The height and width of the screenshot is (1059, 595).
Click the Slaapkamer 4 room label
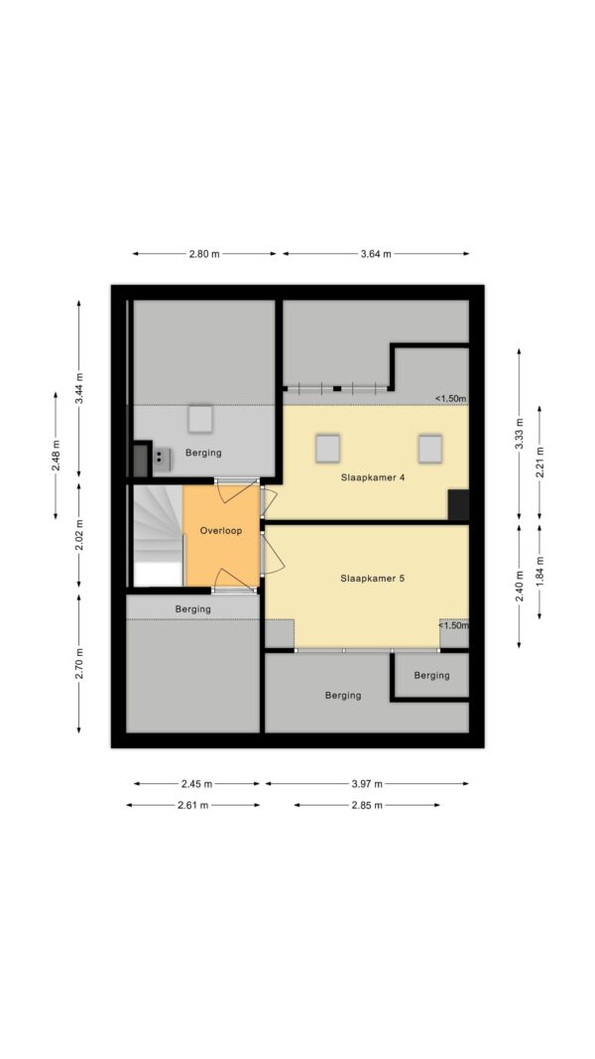point(373,477)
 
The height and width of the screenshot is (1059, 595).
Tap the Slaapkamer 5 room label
point(373,578)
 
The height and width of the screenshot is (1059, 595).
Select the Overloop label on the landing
point(220,530)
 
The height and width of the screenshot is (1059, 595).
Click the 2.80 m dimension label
point(204,254)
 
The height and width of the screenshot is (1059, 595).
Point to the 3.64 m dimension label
point(376,254)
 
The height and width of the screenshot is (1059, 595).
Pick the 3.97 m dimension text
point(367,783)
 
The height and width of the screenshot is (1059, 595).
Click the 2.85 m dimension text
point(367,805)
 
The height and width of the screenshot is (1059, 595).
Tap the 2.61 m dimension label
point(193,805)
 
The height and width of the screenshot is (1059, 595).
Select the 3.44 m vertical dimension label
point(79,388)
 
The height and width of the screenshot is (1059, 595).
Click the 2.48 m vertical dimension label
point(56,456)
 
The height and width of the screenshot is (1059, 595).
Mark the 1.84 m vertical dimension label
point(539,571)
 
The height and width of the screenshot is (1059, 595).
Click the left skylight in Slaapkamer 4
point(328,449)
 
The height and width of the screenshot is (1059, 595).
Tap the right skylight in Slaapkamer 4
point(429,449)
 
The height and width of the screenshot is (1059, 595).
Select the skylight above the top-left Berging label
point(200,419)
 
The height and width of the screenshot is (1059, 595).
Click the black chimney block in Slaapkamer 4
point(459,505)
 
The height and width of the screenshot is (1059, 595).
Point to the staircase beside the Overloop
point(158,535)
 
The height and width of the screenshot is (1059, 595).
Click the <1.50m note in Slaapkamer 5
point(453,625)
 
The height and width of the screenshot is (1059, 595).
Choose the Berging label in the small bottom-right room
point(431,675)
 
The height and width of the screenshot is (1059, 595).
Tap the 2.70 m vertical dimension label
point(79,664)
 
